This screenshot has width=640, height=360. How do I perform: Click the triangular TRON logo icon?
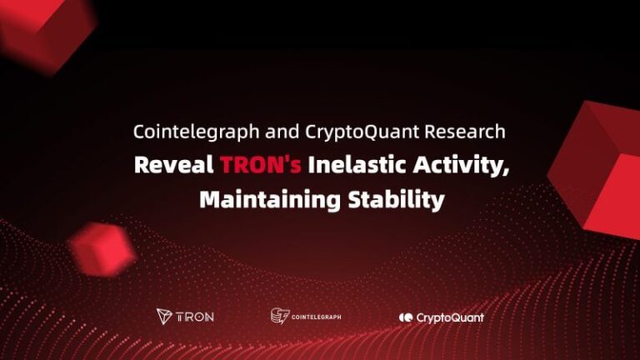[164, 317]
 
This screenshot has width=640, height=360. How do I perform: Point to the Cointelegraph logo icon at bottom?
[279, 316]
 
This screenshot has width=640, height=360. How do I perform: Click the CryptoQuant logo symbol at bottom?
[406, 317]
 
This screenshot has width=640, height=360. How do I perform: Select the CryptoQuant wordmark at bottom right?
[450, 317]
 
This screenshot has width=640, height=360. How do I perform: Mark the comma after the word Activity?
[505, 172]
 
